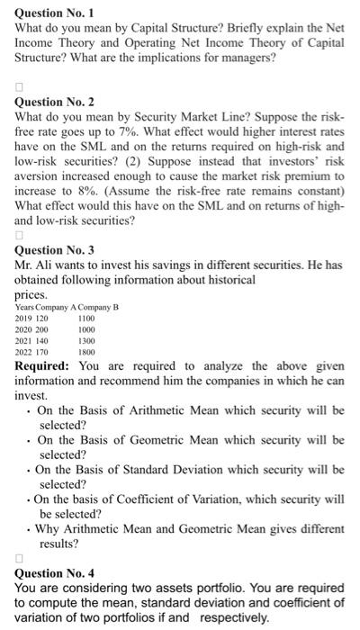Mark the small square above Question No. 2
click(x=20, y=88)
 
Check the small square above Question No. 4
click(x=20, y=558)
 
